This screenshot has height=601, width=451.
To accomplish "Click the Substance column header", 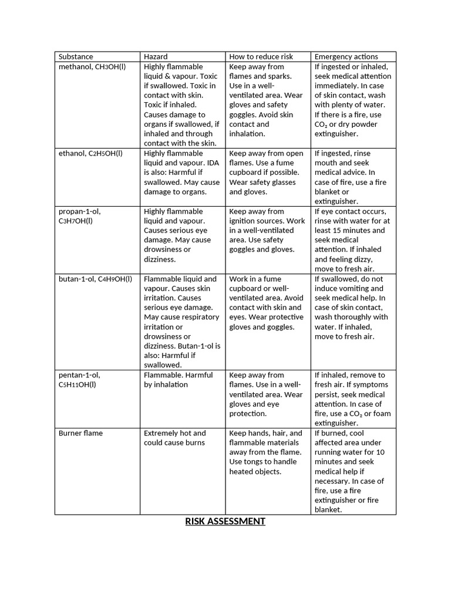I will [x=76, y=56].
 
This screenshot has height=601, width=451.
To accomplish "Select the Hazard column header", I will [x=156, y=56].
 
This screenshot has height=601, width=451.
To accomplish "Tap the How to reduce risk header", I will [x=261, y=56].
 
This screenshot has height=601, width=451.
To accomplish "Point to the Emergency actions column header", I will [x=346, y=56].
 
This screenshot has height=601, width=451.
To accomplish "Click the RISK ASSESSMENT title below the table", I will [x=225, y=521].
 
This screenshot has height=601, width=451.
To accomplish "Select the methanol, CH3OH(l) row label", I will [x=92, y=67].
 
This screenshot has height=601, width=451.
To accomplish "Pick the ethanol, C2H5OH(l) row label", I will [x=90, y=153].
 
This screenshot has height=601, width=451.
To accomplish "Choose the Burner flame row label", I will [x=80, y=433].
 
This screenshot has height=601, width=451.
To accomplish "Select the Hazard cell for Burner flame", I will [x=175, y=438].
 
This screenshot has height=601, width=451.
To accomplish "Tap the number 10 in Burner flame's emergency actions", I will [x=380, y=453].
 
